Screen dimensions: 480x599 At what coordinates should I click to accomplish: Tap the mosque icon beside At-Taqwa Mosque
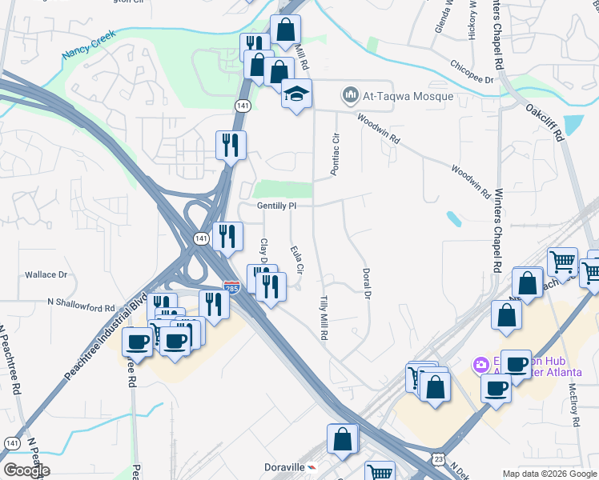click(x=350, y=96)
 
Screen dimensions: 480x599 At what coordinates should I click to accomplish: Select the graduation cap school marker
click(x=295, y=95)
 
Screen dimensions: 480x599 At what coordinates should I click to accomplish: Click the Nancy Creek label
click(x=89, y=47)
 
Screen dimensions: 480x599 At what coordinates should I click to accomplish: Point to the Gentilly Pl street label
click(x=277, y=206)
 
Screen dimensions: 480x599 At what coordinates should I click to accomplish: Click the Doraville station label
click(x=286, y=466)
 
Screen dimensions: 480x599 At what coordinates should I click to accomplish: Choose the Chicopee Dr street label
click(x=472, y=73)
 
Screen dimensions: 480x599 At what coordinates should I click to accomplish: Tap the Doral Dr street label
click(x=368, y=284)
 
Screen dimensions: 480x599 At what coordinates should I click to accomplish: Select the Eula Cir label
click(x=295, y=260)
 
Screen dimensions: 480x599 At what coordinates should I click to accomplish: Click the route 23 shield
click(x=437, y=458)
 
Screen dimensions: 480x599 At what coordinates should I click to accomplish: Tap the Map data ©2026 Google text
click(x=549, y=474)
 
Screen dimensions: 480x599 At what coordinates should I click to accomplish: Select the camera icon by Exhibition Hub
click(x=480, y=365)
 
